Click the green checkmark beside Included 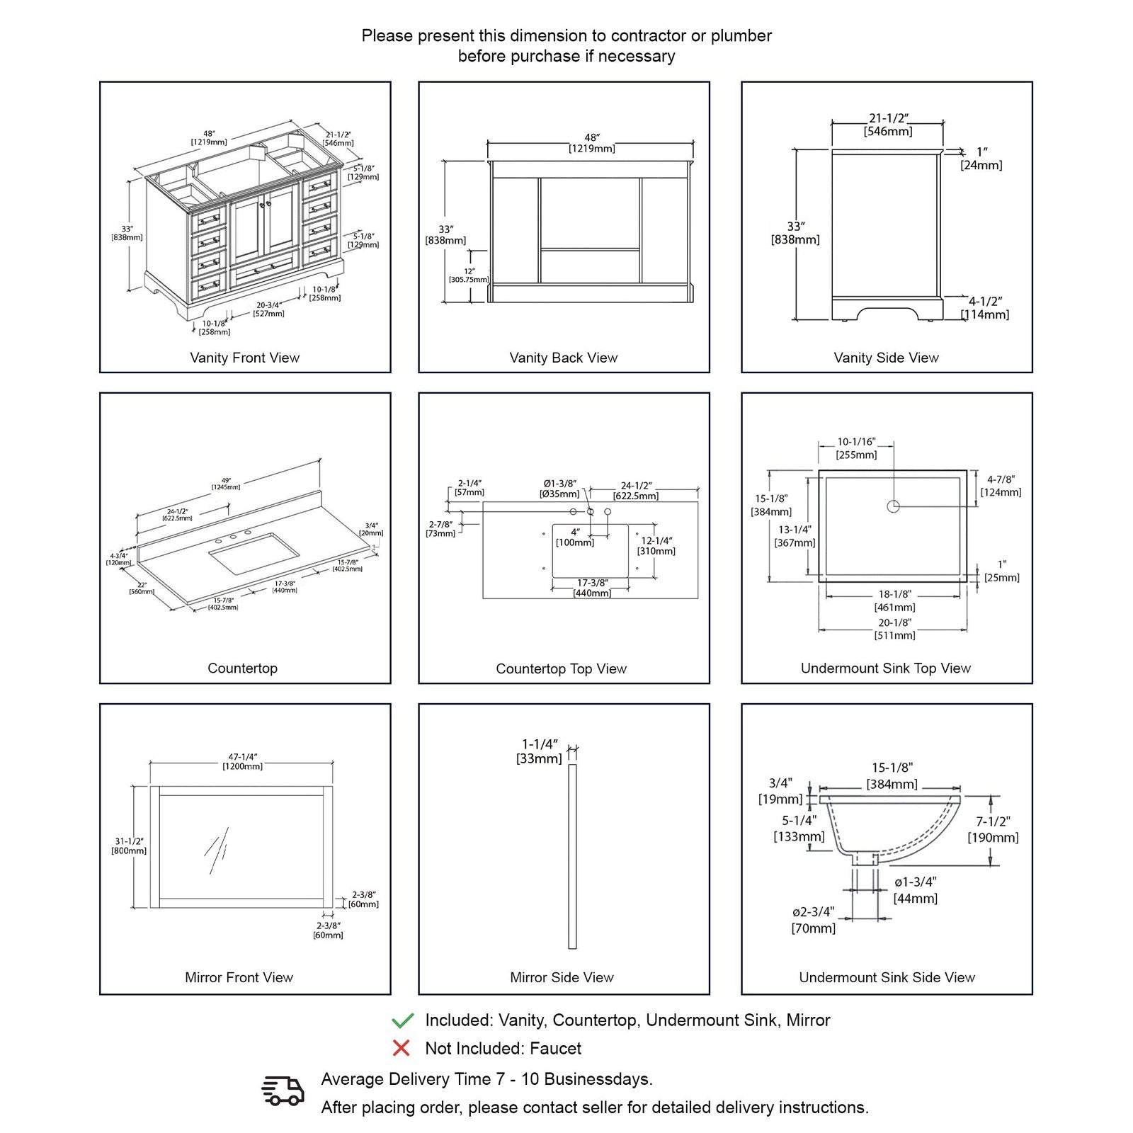point(402,1020)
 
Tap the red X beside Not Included point(402,1048)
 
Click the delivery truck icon point(283,1091)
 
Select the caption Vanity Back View point(563,358)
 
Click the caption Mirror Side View point(562,977)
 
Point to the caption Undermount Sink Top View point(885,668)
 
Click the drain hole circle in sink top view point(893,506)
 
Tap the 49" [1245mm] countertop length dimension point(225,483)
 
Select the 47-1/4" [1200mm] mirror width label point(242,761)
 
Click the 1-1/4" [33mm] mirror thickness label point(540,751)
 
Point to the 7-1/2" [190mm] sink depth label point(993,829)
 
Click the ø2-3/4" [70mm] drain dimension point(813,920)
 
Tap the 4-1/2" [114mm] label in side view point(985,308)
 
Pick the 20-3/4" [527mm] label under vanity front point(268,309)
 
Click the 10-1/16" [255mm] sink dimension point(856,448)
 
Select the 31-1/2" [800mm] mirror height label point(129,846)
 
